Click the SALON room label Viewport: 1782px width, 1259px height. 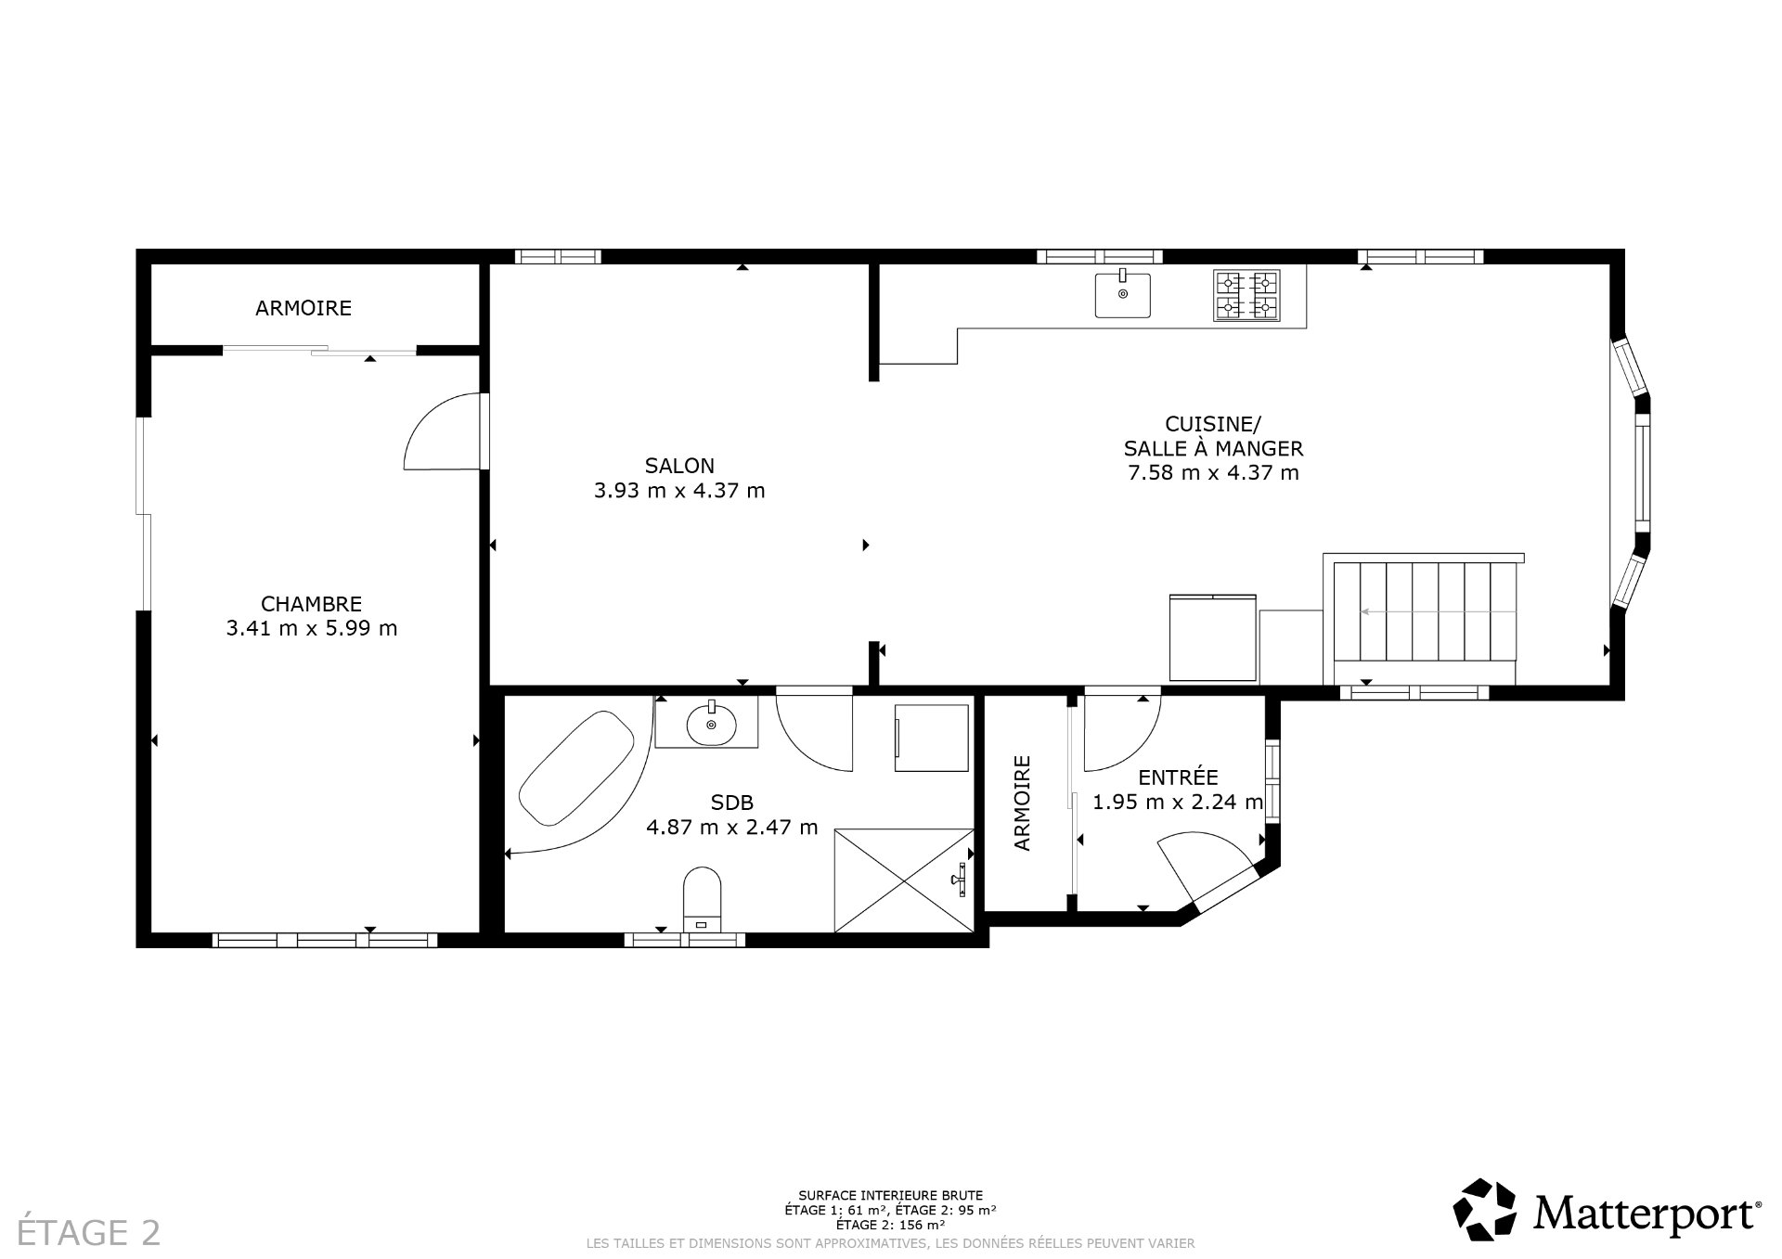click(679, 466)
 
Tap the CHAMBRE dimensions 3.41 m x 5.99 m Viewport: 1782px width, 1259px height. click(312, 628)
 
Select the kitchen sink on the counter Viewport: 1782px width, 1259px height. click(1122, 294)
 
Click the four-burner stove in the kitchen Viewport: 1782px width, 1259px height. click(1246, 295)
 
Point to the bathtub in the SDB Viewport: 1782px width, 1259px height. click(575, 768)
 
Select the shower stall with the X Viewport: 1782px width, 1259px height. click(903, 880)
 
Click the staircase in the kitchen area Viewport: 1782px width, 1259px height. click(1424, 611)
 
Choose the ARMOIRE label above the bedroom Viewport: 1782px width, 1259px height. click(303, 308)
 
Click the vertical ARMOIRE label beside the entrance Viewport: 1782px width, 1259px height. click(1022, 803)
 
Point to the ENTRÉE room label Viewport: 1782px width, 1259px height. click(1178, 777)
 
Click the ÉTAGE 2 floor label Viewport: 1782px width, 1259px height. click(90, 1232)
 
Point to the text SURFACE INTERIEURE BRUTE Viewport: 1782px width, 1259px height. click(890, 1196)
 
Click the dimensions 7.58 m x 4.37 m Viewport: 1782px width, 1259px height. click(1213, 473)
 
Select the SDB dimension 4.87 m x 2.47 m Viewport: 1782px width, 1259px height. click(732, 827)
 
